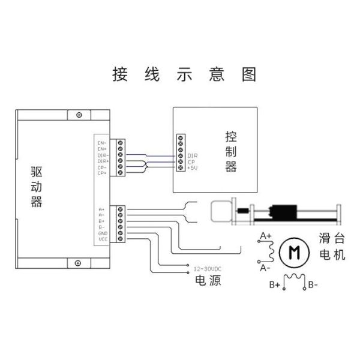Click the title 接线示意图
[x=184, y=74]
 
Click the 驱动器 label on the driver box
[x=37, y=187]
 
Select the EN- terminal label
[x=102, y=143]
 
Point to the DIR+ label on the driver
[x=102, y=161]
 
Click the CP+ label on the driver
[x=102, y=173]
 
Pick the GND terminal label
[x=103, y=232]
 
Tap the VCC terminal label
[x=103, y=239]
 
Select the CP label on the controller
[x=191, y=161]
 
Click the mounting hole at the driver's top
[x=77, y=115]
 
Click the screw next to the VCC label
[x=121, y=239]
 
